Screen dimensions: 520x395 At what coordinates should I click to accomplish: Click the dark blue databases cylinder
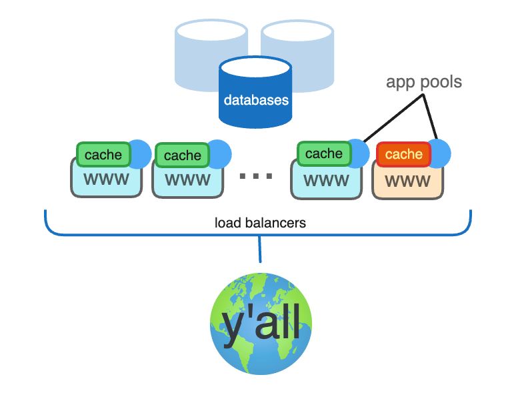[255, 92]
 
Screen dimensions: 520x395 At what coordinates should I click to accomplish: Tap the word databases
[256, 100]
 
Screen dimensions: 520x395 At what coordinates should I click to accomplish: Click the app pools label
[424, 82]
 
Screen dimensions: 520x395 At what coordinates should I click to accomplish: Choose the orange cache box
[403, 154]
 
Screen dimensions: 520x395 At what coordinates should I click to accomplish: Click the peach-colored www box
[407, 183]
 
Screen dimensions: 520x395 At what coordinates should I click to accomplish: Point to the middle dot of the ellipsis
[256, 176]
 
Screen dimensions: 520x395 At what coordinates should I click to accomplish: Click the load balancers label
[260, 223]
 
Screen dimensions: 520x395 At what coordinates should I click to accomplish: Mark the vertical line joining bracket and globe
[260, 249]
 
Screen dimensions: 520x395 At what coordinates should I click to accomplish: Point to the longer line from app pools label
[393, 118]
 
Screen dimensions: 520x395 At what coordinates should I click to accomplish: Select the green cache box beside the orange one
[324, 153]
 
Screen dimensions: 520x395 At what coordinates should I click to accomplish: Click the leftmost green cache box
[103, 155]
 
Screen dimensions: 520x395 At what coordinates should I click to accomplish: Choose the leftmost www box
[107, 180]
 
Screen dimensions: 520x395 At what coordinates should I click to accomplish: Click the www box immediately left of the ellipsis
[188, 181]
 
